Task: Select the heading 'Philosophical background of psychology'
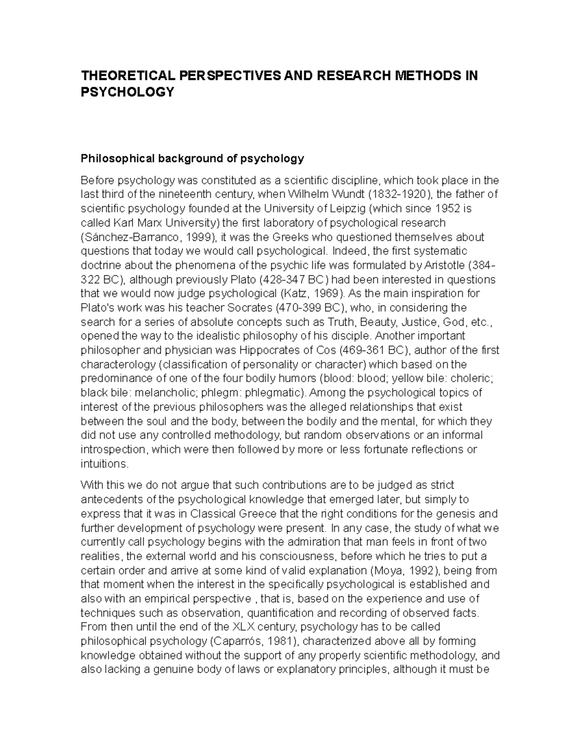(x=192, y=159)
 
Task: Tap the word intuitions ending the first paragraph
(x=104, y=464)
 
